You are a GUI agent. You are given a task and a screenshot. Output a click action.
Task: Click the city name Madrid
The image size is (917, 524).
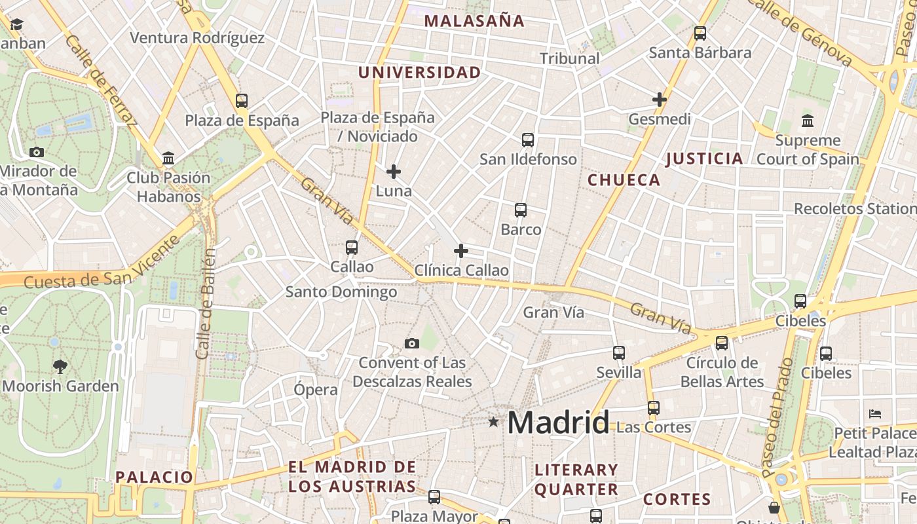click(x=558, y=422)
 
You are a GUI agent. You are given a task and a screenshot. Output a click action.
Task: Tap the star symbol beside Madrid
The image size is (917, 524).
click(x=493, y=422)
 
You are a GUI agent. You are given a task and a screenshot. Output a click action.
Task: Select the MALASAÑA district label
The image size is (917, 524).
click(x=474, y=21)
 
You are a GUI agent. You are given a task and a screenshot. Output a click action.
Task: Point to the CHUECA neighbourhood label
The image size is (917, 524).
click(x=624, y=180)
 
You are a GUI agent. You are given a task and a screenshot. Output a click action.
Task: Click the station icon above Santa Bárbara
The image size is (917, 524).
click(x=700, y=33)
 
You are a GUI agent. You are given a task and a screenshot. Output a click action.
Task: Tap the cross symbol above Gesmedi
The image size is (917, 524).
click(x=660, y=100)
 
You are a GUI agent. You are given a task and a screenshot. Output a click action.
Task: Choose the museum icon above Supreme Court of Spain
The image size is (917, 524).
click(x=808, y=121)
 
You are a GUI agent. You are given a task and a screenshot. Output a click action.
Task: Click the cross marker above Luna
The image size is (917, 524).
click(x=394, y=172)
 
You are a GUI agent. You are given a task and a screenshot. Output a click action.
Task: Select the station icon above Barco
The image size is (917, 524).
click(x=521, y=210)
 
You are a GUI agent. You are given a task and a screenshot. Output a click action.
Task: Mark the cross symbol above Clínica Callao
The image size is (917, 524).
click(x=461, y=251)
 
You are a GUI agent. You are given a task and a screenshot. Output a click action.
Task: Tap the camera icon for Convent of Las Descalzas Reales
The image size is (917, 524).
click(x=412, y=343)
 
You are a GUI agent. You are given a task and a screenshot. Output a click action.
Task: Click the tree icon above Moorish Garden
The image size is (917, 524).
click(x=60, y=367)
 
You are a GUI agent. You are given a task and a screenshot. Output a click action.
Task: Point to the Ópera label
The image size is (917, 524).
click(x=316, y=390)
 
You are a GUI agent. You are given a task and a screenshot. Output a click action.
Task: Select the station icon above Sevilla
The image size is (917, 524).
click(x=619, y=353)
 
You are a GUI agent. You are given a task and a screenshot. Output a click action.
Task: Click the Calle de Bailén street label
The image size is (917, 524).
click(x=206, y=303)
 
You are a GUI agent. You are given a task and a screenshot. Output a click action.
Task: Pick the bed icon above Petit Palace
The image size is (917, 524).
click(x=875, y=413)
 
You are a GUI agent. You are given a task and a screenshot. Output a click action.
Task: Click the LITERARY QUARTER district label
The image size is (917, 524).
click(x=576, y=479)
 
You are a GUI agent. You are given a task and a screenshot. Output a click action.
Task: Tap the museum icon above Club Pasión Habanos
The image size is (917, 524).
click(x=168, y=158)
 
